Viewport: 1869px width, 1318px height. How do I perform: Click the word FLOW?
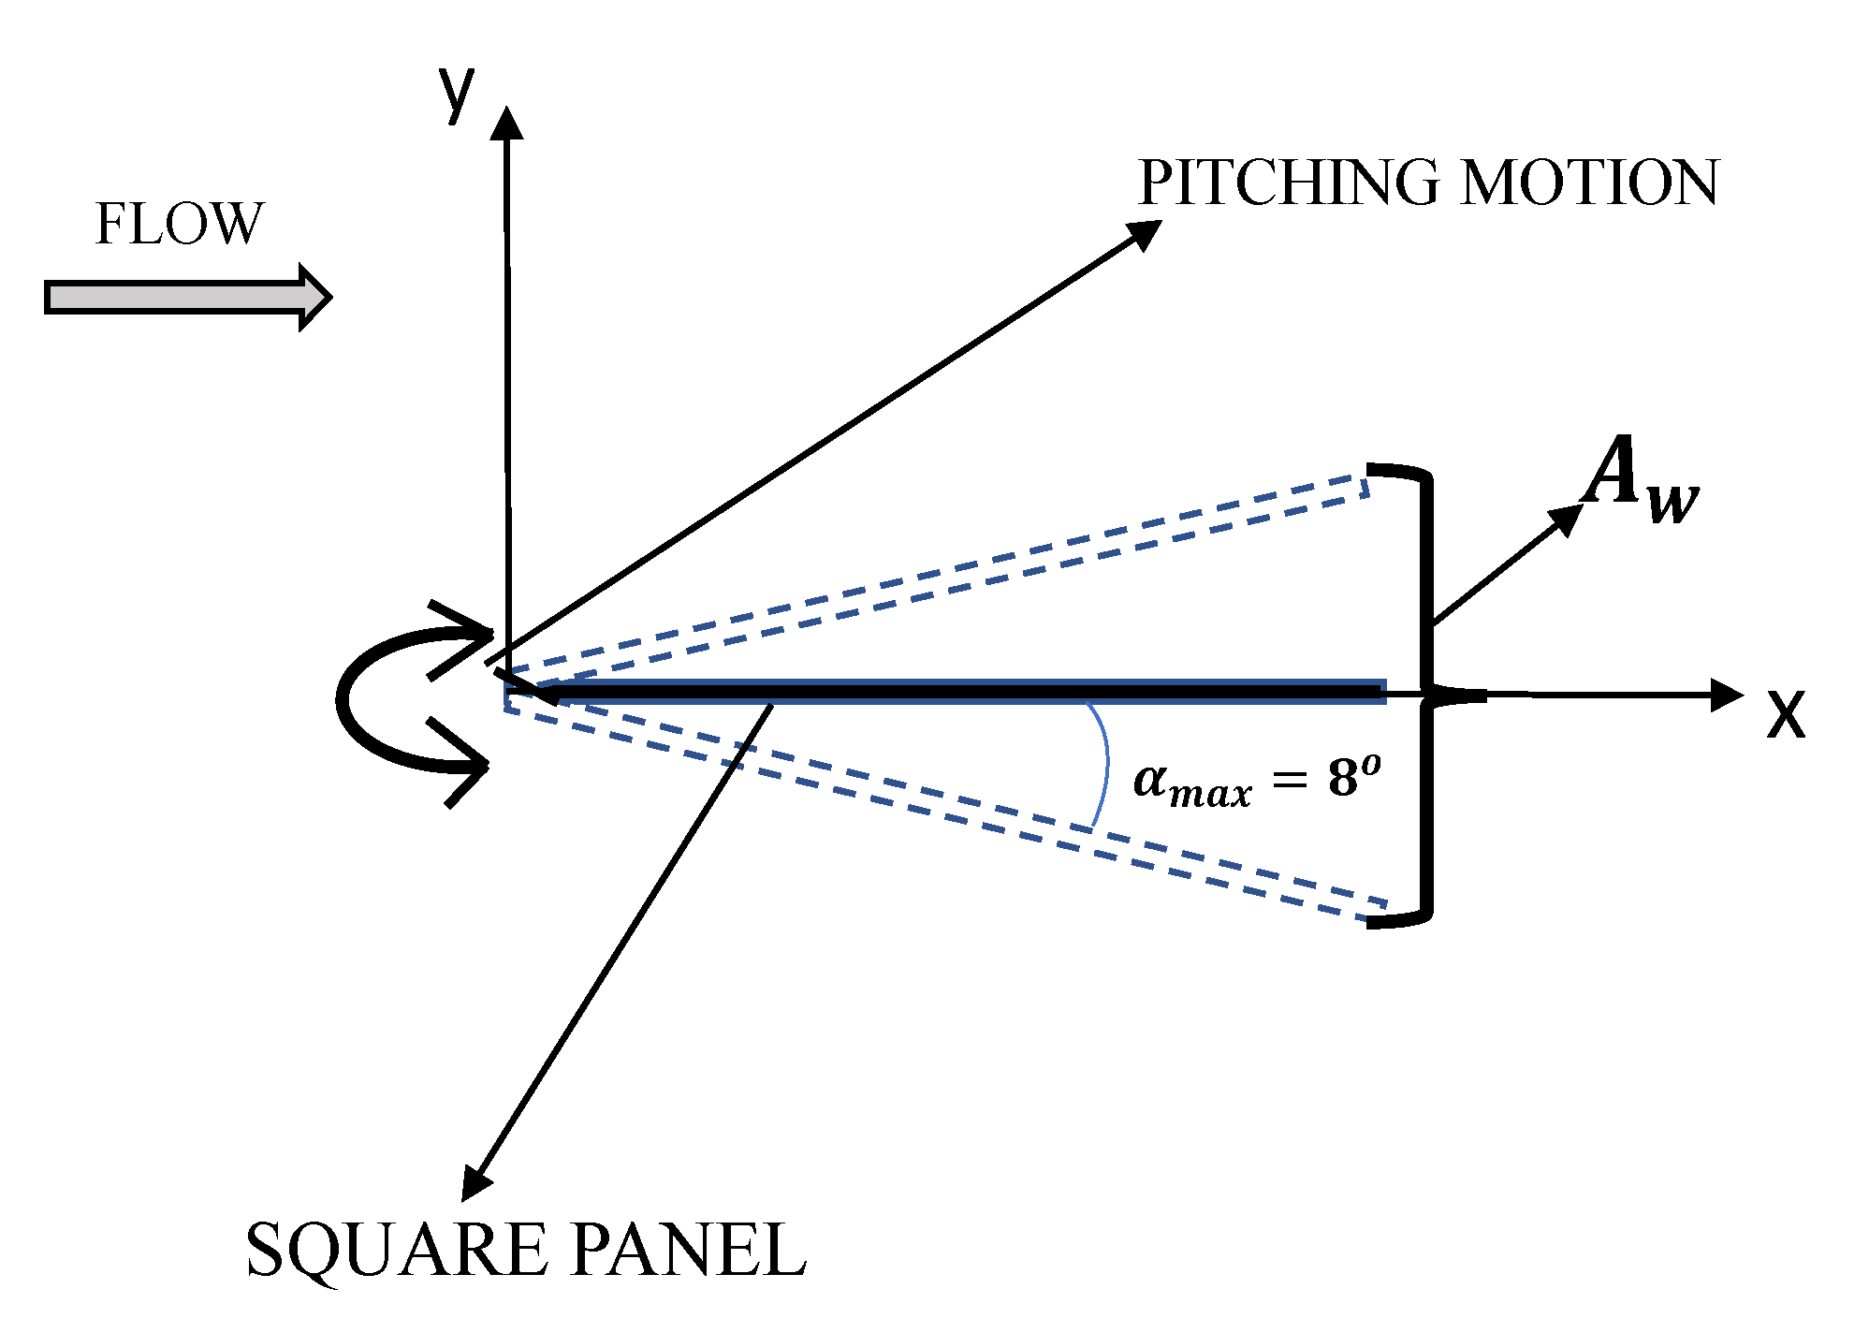(179, 225)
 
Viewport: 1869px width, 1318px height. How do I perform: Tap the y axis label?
(457, 94)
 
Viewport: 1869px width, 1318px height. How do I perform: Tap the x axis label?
(1785, 716)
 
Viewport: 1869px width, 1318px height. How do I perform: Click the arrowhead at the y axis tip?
(506, 123)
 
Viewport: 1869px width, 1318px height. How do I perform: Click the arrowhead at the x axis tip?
(1727, 695)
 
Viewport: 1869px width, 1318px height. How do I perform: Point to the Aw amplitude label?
(1640, 479)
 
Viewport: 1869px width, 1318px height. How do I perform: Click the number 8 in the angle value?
(1343, 778)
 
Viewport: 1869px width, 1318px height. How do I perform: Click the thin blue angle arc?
(1105, 763)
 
